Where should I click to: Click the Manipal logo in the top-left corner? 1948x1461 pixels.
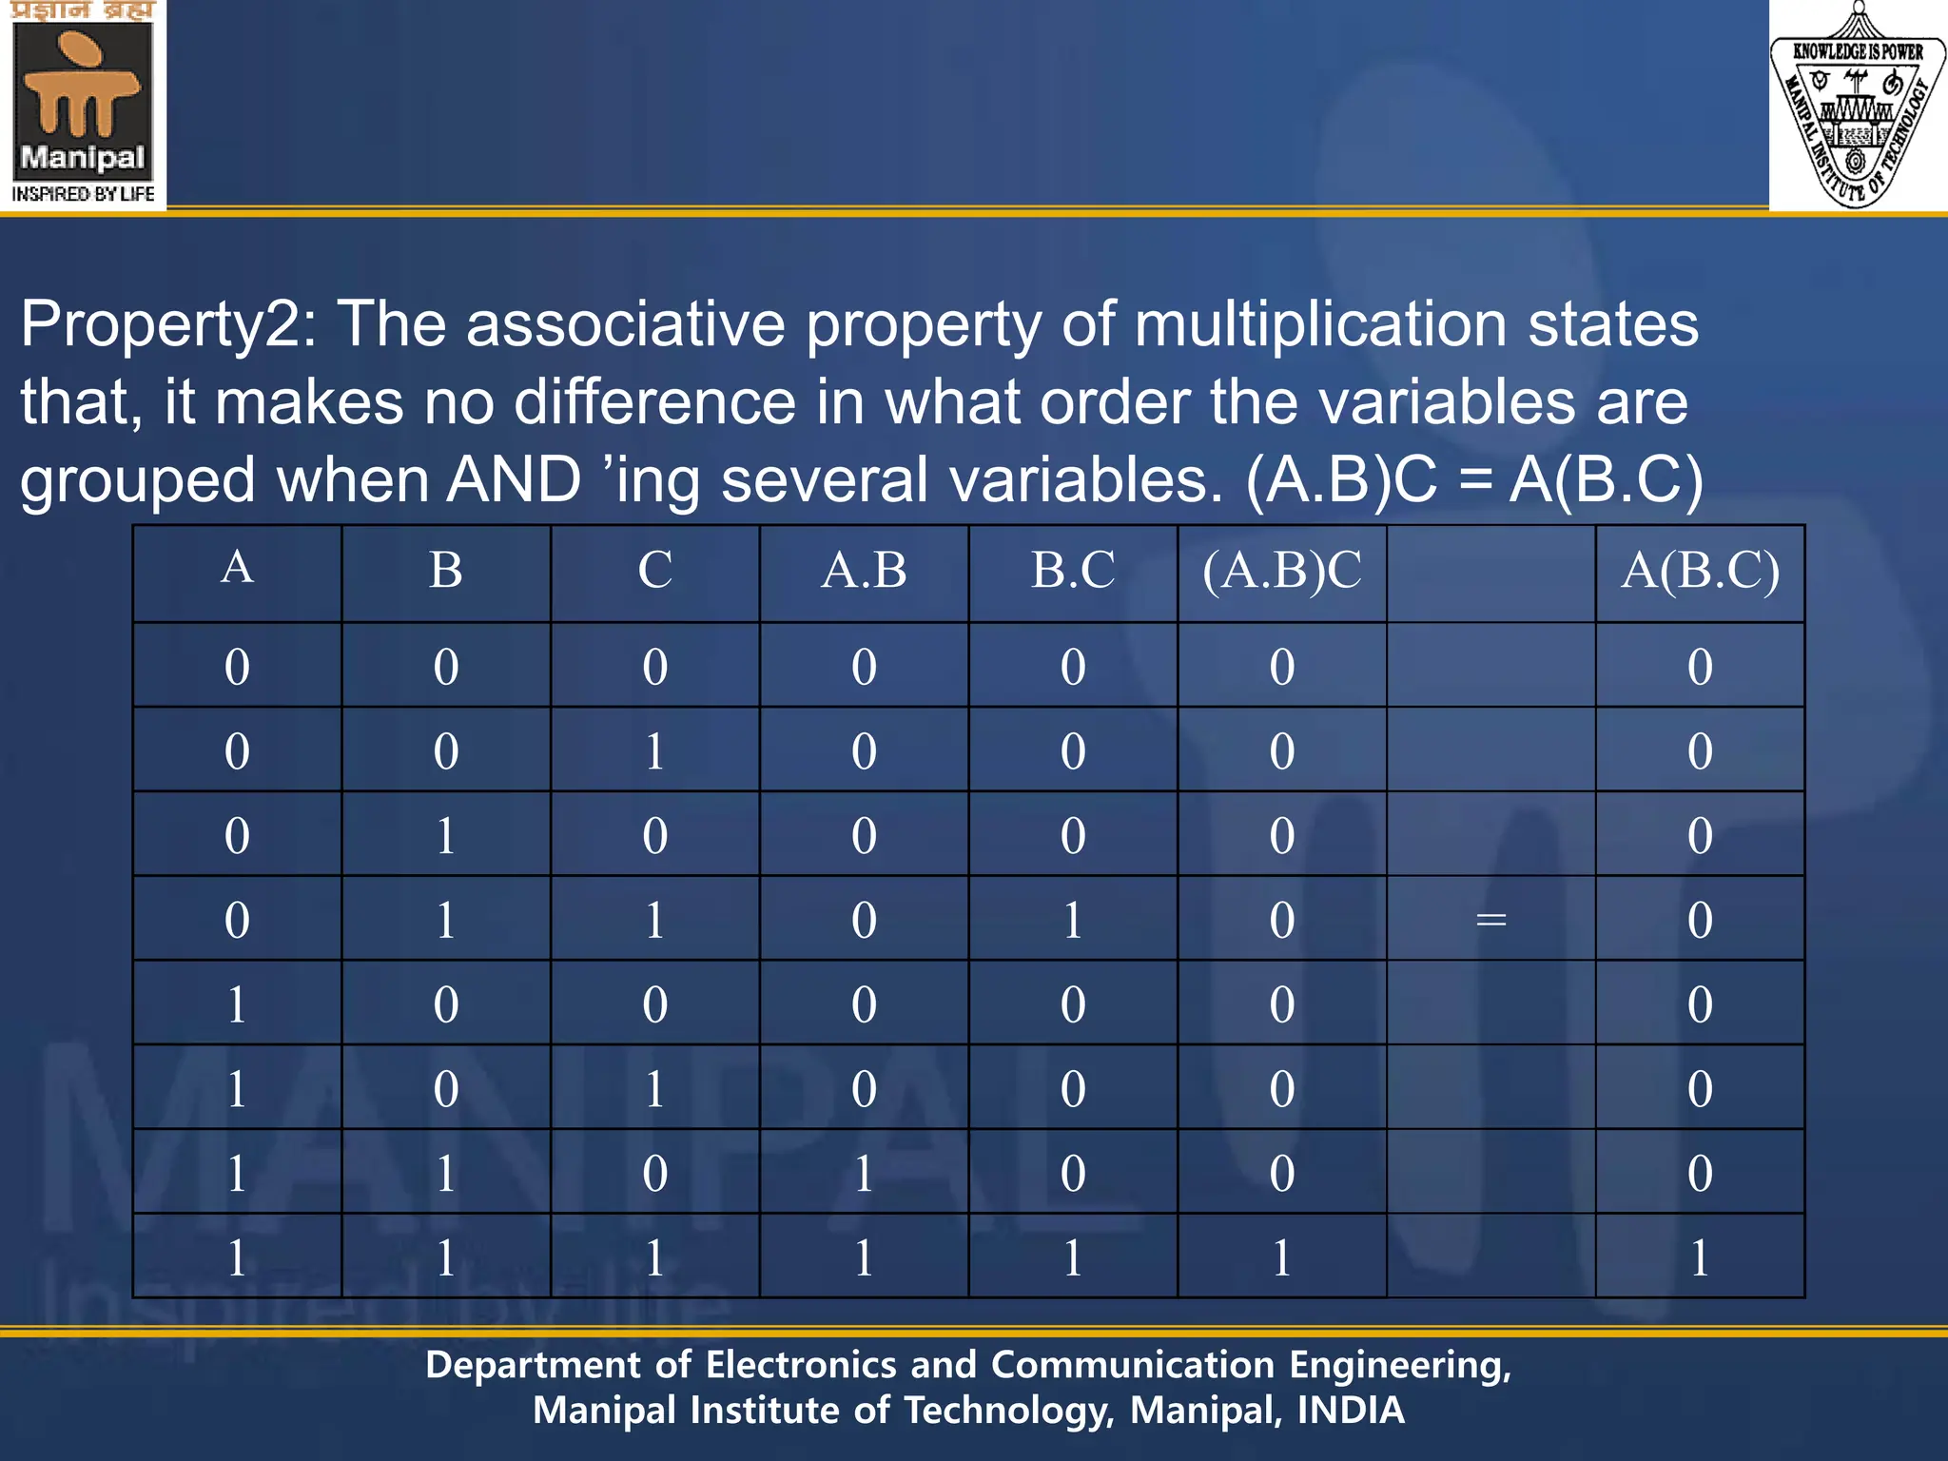[x=83, y=103]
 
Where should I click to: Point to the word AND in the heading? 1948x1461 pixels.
[x=514, y=479]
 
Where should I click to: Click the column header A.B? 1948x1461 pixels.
[x=864, y=571]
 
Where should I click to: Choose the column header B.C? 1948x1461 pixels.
[x=1073, y=571]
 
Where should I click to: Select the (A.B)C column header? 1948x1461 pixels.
[x=1281, y=571]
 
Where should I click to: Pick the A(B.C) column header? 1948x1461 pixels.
[x=1700, y=571]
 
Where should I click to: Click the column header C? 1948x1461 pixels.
[x=654, y=571]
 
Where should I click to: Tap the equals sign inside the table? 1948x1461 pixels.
[x=1490, y=920]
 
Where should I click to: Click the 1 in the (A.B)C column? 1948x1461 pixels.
[x=1281, y=1257]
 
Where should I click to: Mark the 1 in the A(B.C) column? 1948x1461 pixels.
[x=1700, y=1257]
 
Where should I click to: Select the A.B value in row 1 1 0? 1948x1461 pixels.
[x=864, y=1173]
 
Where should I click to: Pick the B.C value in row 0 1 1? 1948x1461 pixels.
[x=1073, y=920]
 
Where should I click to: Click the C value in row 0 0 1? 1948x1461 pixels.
[x=654, y=751]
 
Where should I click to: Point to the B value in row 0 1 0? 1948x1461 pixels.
[x=446, y=836]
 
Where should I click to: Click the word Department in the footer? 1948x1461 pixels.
[x=533, y=1366]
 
